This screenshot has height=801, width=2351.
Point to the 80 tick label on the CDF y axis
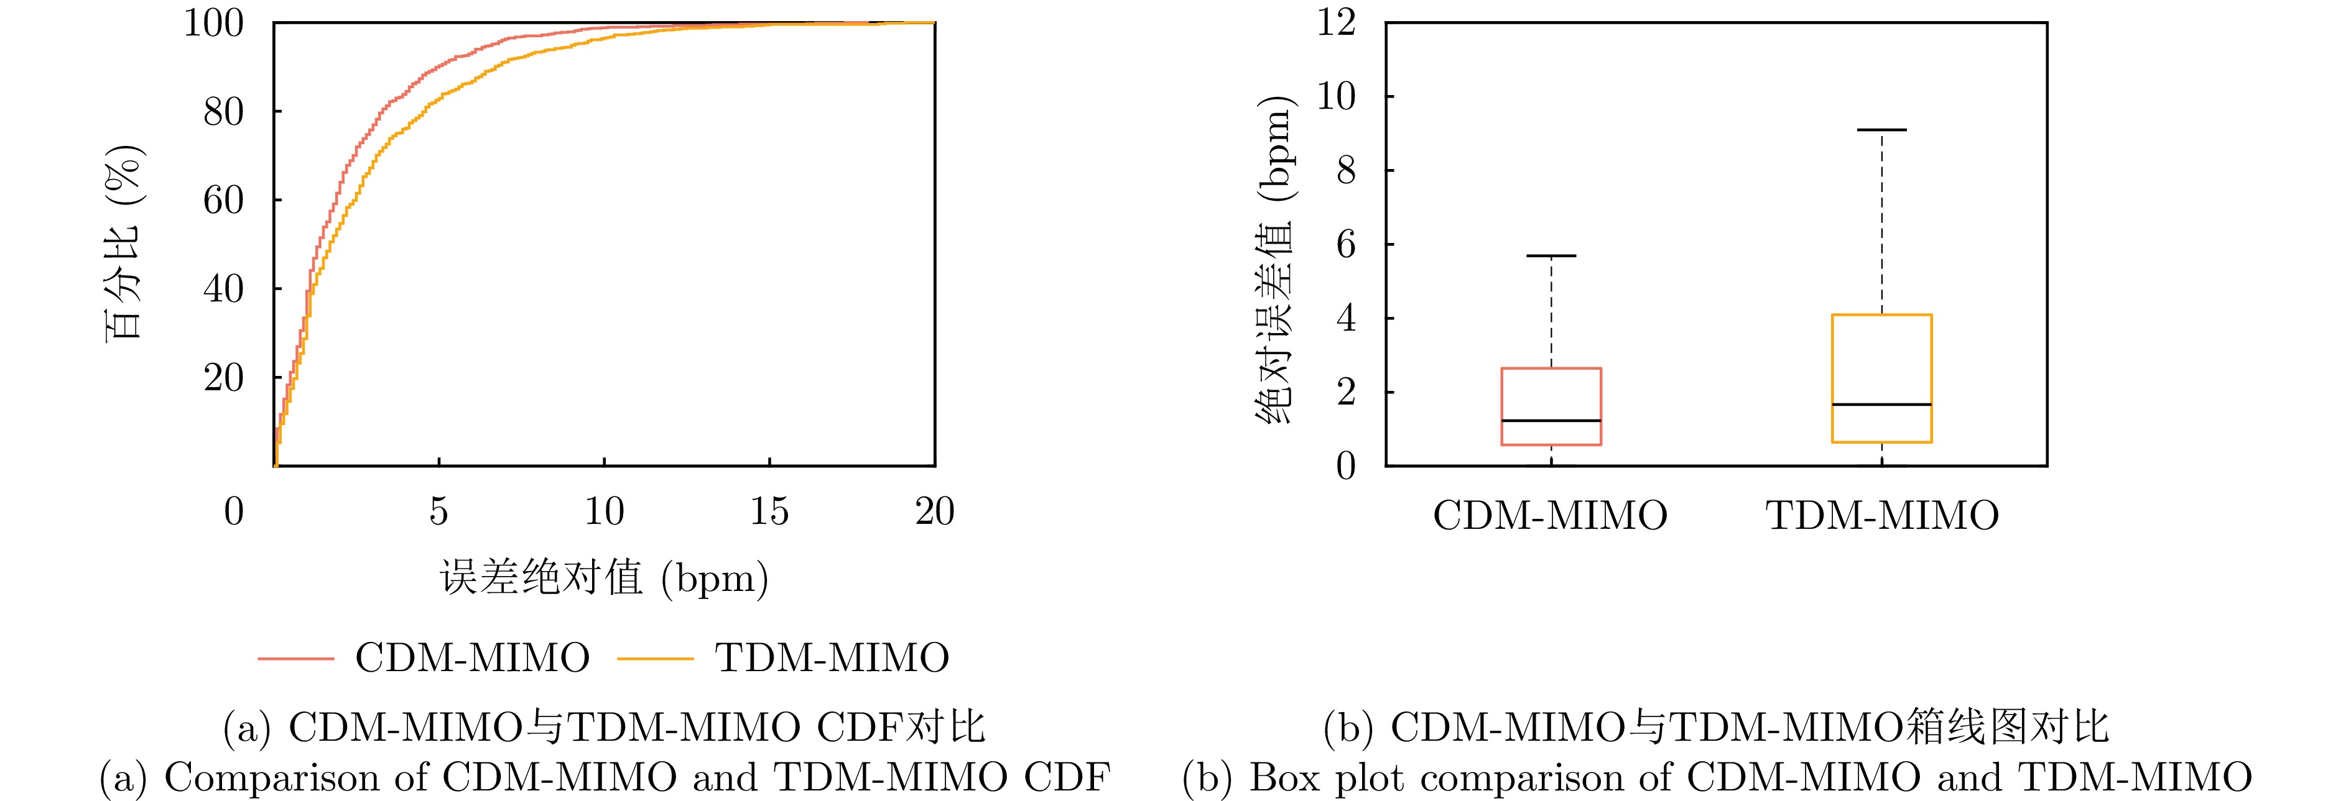[x=224, y=112]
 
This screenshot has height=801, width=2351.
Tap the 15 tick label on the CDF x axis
[x=769, y=512]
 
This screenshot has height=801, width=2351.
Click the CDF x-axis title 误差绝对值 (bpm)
[x=604, y=577]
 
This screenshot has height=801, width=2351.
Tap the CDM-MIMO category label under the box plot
[x=1550, y=515]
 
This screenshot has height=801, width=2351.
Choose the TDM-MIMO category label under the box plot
[x=1882, y=515]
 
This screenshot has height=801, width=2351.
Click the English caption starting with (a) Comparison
[x=604, y=777]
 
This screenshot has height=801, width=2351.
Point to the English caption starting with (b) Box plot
[x=1717, y=777]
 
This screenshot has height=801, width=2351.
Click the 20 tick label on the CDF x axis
[x=935, y=512]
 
